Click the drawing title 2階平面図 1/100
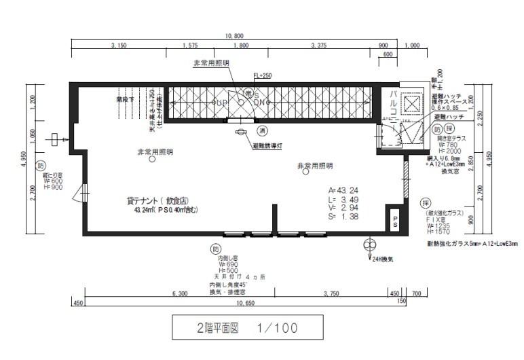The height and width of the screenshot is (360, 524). click(242, 329)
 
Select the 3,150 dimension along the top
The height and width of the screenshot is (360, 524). click(119, 46)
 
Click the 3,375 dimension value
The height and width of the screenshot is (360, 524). click(318, 46)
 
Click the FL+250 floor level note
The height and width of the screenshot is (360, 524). click(262, 76)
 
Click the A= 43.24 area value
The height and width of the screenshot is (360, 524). click(343, 191)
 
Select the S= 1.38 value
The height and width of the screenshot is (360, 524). click(343, 217)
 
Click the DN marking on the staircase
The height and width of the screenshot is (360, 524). click(259, 103)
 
